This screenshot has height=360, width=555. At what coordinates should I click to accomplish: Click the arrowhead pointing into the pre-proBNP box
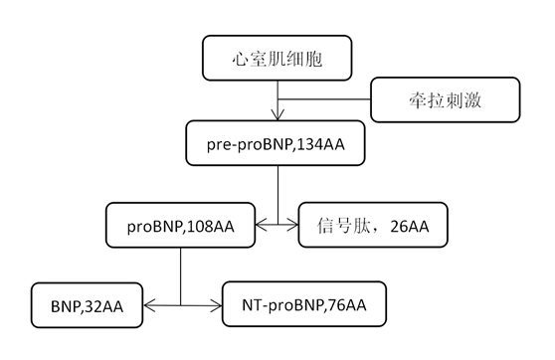click(x=279, y=117)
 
